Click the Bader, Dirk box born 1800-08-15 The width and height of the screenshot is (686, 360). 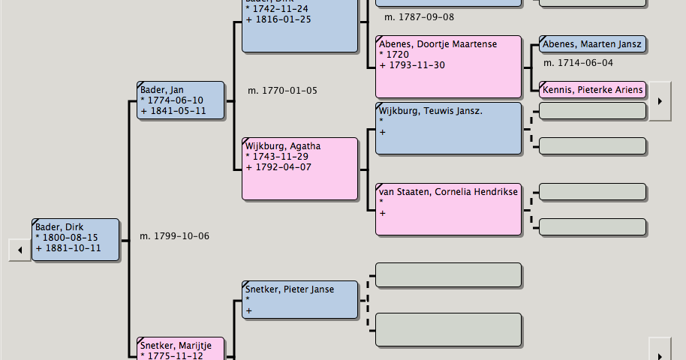(75, 239)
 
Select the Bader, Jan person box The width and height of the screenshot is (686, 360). (180, 100)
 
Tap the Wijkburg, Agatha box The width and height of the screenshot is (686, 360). (299, 169)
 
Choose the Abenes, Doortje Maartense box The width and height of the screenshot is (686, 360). (447, 67)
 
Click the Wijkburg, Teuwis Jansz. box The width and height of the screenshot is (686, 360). (447, 128)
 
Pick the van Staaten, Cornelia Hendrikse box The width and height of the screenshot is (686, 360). (447, 208)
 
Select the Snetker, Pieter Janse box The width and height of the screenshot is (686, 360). (299, 299)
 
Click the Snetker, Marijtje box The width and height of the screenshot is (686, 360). (180, 349)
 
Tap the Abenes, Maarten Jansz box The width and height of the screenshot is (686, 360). (592, 44)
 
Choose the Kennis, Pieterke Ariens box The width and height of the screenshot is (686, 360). (592, 90)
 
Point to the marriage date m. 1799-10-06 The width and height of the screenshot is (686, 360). (174, 236)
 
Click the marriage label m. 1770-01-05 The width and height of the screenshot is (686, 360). (282, 91)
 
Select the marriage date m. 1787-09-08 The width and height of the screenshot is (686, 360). (419, 16)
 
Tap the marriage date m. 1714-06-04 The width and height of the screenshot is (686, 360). (578, 63)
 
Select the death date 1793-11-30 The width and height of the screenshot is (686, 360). (417, 65)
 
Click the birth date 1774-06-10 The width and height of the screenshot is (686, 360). (175, 100)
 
